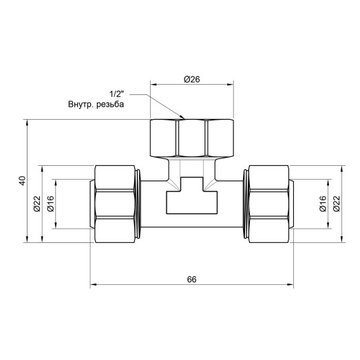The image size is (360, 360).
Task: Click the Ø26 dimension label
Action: (191, 79)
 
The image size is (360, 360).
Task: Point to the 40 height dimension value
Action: (22, 181)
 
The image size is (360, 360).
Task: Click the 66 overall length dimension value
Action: (192, 279)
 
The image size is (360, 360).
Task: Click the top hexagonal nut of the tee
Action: (191, 138)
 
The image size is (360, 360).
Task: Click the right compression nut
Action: (268, 203)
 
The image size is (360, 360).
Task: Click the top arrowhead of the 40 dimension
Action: (27, 122)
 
